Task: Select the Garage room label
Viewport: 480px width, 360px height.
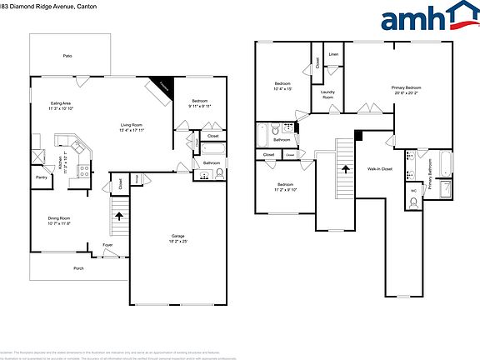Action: (x=177, y=236)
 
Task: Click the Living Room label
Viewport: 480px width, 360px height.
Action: (x=132, y=124)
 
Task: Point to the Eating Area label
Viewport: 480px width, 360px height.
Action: (x=60, y=103)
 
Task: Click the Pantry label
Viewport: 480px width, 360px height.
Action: (x=41, y=177)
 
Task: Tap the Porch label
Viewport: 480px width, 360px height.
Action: (x=78, y=268)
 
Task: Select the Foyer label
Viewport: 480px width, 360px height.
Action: (x=107, y=245)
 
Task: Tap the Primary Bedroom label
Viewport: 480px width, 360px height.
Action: (x=407, y=87)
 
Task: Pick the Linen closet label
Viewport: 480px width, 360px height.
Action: (x=333, y=54)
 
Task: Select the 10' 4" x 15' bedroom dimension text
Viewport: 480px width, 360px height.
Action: (x=284, y=89)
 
